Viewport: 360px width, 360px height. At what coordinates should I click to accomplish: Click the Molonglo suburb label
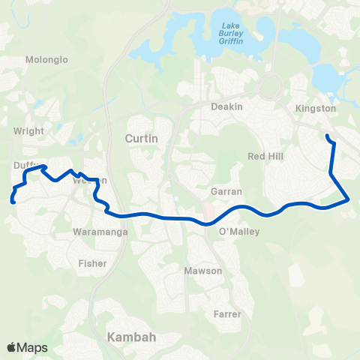click(x=46, y=59)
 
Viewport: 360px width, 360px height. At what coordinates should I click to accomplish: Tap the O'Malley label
click(x=238, y=232)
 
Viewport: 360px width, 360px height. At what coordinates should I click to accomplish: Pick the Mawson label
click(x=203, y=270)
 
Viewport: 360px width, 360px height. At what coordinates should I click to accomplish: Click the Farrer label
click(x=226, y=314)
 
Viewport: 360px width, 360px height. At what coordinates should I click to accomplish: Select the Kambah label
click(x=132, y=337)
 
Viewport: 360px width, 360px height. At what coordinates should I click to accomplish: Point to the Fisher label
click(x=92, y=263)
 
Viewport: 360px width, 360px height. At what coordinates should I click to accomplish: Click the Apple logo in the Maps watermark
click(x=11, y=347)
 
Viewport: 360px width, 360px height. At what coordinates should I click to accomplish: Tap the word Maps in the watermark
click(x=33, y=347)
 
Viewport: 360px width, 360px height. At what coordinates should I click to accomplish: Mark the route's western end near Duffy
click(x=13, y=200)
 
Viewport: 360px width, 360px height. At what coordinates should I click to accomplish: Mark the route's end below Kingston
click(x=326, y=136)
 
